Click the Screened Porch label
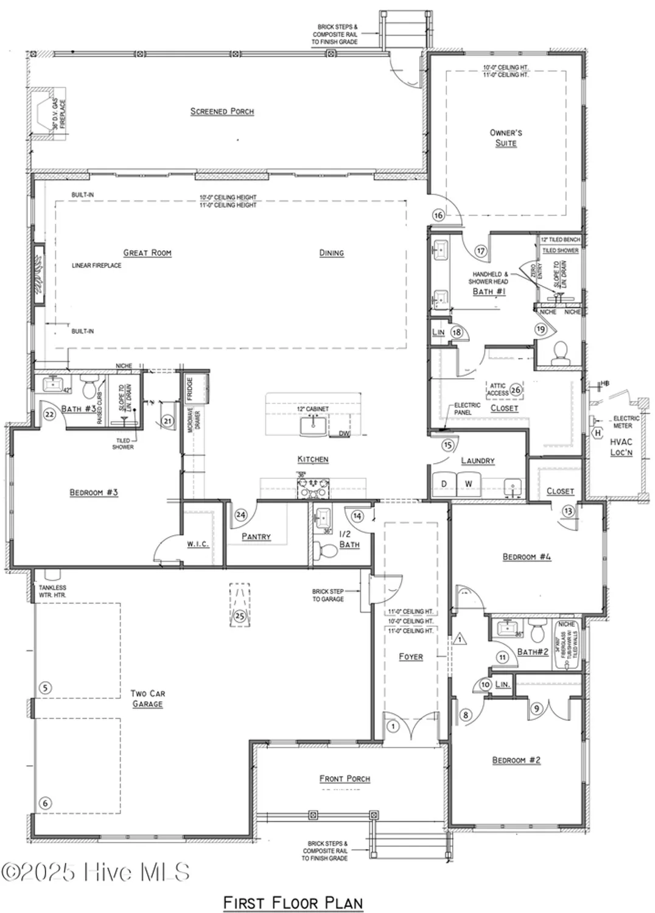(x=222, y=111)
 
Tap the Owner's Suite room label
(x=505, y=138)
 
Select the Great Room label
(x=147, y=253)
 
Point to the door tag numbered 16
(x=438, y=215)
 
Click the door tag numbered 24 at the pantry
(x=241, y=515)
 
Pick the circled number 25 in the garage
(x=239, y=616)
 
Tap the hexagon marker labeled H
(x=598, y=433)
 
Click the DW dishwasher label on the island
(x=344, y=434)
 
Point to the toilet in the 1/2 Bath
(x=328, y=550)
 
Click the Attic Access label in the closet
(x=498, y=390)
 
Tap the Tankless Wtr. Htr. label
(x=52, y=591)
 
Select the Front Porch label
(x=345, y=778)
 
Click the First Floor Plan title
(x=293, y=902)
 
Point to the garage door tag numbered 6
(x=45, y=803)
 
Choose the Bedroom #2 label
(x=516, y=760)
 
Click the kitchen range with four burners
(x=313, y=488)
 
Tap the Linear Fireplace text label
(x=96, y=265)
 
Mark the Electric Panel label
(x=467, y=408)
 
